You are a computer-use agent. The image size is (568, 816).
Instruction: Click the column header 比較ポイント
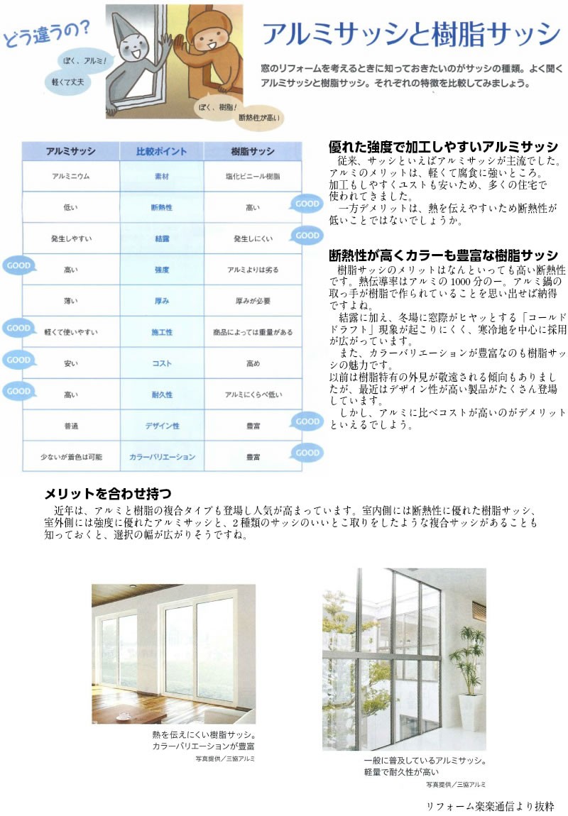tap(161, 151)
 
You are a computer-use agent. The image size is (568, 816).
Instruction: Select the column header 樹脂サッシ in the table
tap(252, 151)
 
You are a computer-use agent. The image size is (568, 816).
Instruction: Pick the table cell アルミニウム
tap(70, 175)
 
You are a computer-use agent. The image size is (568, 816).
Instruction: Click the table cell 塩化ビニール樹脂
tap(252, 175)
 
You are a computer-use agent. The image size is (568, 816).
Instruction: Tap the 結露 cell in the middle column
tap(161, 239)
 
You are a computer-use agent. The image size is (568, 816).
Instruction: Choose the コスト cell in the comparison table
tap(161, 363)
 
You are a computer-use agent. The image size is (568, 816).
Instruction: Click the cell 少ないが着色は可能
tap(70, 457)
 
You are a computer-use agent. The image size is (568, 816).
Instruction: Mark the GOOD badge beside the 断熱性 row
tap(306, 203)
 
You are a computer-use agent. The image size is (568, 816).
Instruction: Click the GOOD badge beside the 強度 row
tap(18, 266)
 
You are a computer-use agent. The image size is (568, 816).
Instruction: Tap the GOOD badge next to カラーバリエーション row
tap(307, 452)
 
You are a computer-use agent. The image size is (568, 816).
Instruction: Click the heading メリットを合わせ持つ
tap(108, 492)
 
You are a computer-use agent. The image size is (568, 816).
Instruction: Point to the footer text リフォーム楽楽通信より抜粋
tap(489, 806)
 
